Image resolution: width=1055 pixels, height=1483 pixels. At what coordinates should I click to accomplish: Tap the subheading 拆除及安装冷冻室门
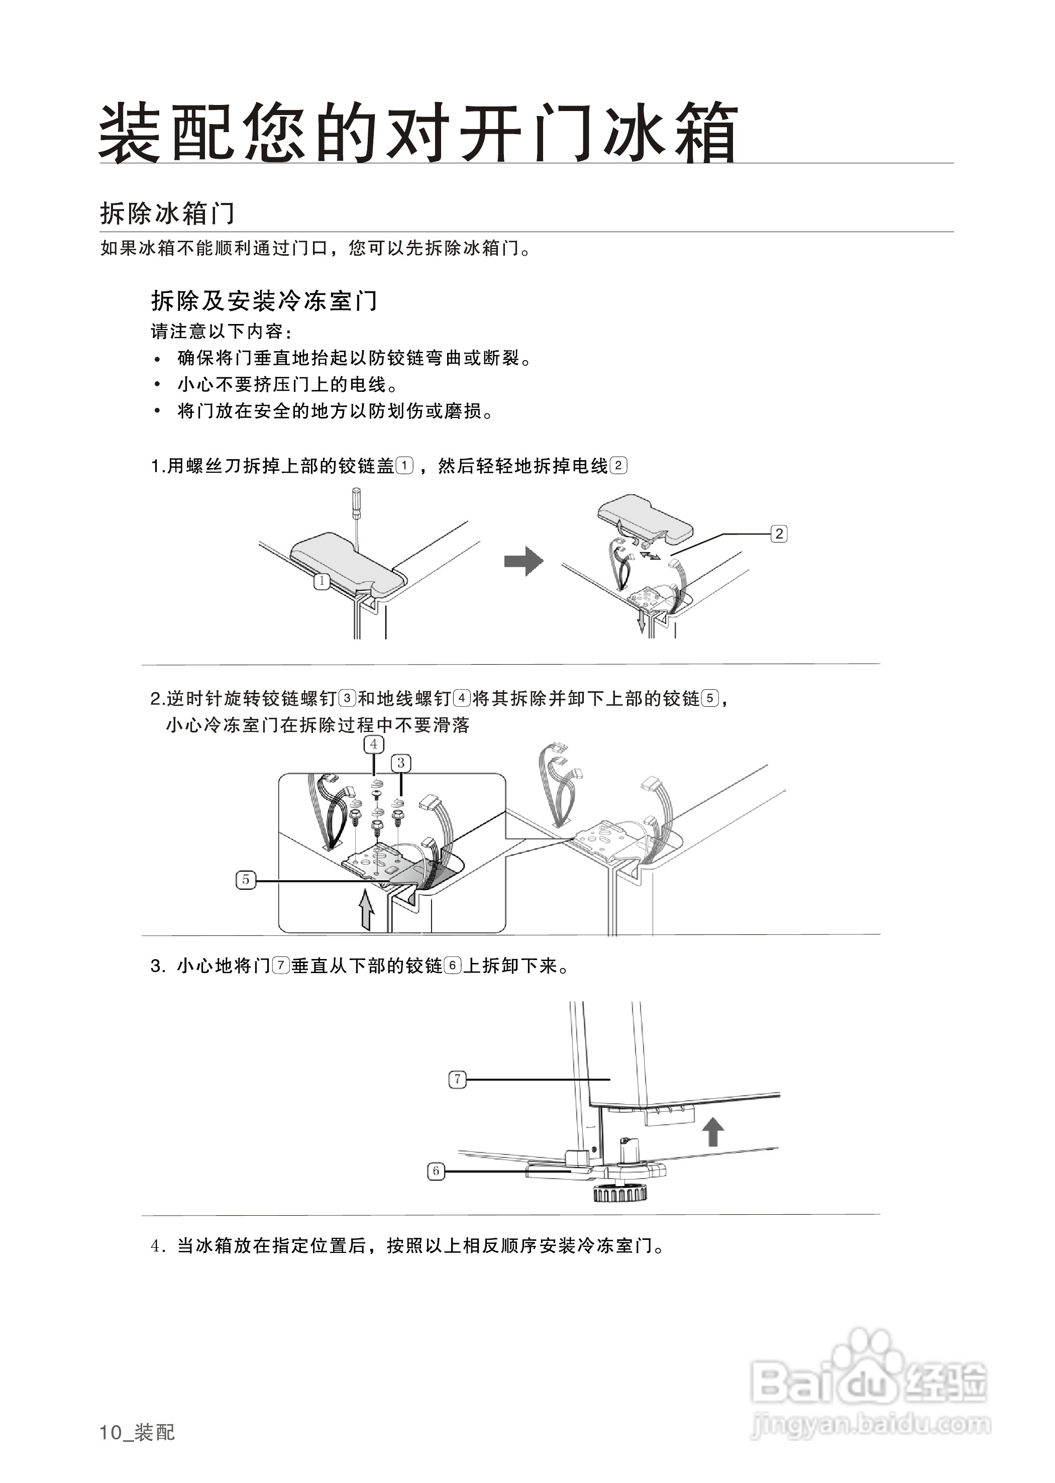(264, 301)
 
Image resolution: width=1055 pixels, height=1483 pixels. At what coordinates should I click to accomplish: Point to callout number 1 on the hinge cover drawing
(322, 581)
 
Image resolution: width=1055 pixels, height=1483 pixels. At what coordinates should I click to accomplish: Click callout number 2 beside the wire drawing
(778, 534)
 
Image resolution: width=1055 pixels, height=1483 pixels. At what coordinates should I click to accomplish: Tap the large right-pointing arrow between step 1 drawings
(523, 561)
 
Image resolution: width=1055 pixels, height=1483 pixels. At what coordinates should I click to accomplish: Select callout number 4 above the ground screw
(374, 745)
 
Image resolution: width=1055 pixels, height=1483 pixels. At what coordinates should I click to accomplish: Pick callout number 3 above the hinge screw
(401, 763)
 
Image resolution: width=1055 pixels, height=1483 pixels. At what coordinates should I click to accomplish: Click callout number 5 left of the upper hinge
(246, 880)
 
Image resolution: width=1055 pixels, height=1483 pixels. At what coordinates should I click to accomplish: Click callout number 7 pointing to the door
(457, 1080)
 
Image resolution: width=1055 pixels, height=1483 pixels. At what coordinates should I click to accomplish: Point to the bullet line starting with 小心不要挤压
(287, 384)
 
